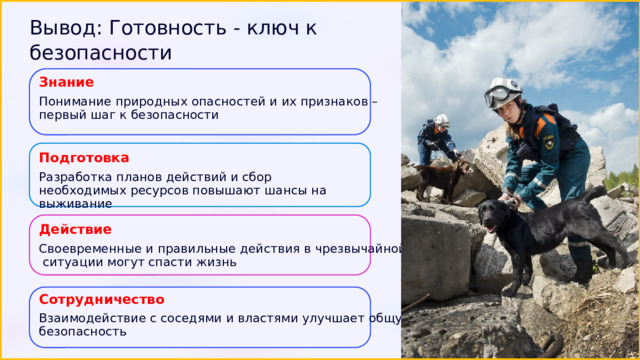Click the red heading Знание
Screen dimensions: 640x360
pos(66,82)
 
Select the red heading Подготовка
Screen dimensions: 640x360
pos(84,158)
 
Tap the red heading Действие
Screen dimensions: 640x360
pos(75,229)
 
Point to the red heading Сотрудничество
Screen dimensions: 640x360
pos(102,300)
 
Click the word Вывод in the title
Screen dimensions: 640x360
pos(66,28)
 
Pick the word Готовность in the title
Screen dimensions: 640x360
pos(168,28)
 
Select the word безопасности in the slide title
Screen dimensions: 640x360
pos(100,53)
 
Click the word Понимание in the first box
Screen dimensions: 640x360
pos(75,101)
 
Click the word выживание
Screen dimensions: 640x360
pos(76,204)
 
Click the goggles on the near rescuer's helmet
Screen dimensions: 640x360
pos(497,96)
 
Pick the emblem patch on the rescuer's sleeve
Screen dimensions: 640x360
pos(548,142)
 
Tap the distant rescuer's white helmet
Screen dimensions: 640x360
pos(441,120)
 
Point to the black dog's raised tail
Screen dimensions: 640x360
pos(597,193)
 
